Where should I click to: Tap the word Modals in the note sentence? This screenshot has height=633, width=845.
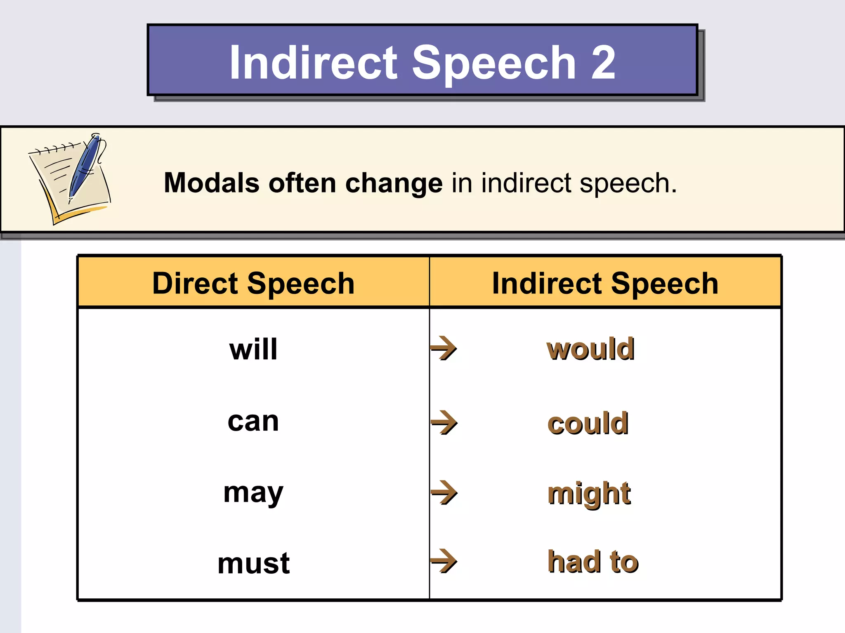click(x=212, y=183)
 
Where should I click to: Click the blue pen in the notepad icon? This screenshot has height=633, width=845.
click(x=85, y=167)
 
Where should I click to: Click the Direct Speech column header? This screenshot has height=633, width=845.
click(x=253, y=284)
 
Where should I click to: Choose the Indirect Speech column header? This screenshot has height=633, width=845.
click(x=605, y=284)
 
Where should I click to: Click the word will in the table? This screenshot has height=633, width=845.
click(x=253, y=349)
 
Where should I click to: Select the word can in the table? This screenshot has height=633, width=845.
click(x=253, y=422)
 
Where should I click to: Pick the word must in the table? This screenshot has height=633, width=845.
click(x=253, y=563)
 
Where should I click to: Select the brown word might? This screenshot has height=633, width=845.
click(x=589, y=493)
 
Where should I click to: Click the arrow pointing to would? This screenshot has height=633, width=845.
click(x=444, y=348)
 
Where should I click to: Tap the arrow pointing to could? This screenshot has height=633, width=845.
click(x=444, y=422)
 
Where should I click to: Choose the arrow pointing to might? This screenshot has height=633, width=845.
click(x=444, y=492)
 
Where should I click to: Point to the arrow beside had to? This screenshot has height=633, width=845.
click(x=444, y=561)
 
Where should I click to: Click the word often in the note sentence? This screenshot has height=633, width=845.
click(x=302, y=183)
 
